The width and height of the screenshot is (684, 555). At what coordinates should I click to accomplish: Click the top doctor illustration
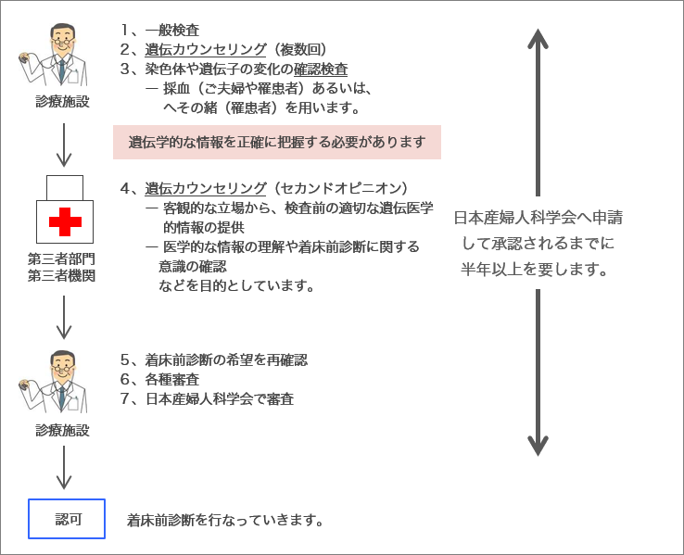pyautogui.click(x=53, y=55)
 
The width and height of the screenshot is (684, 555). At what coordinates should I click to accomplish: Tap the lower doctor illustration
pyautogui.click(x=53, y=381)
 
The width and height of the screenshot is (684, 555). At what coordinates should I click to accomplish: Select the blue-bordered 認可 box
pyautogui.click(x=68, y=519)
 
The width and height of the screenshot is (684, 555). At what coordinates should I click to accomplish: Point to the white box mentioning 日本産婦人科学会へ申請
pyautogui.click(x=537, y=244)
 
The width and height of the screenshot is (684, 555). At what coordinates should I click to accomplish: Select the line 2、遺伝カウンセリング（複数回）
pyautogui.click(x=223, y=49)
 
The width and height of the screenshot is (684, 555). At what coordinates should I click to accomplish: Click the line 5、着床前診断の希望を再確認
pyautogui.click(x=214, y=359)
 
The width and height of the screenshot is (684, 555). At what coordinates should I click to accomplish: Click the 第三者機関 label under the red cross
pyautogui.click(x=61, y=275)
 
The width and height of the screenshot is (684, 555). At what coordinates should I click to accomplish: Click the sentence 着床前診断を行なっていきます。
pyautogui.click(x=226, y=520)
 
